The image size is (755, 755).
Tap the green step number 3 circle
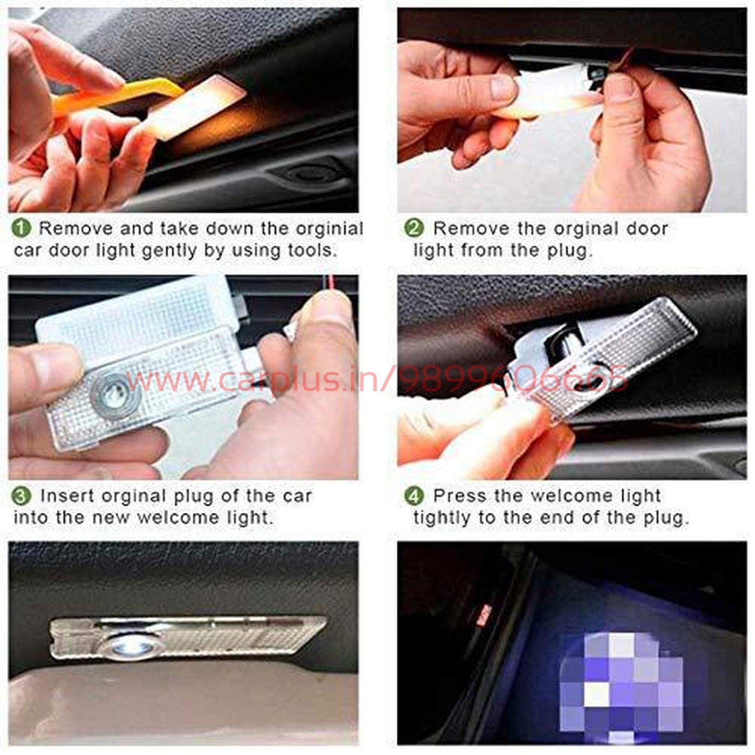tap(22, 496)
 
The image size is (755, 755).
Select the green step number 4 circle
tap(414, 496)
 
